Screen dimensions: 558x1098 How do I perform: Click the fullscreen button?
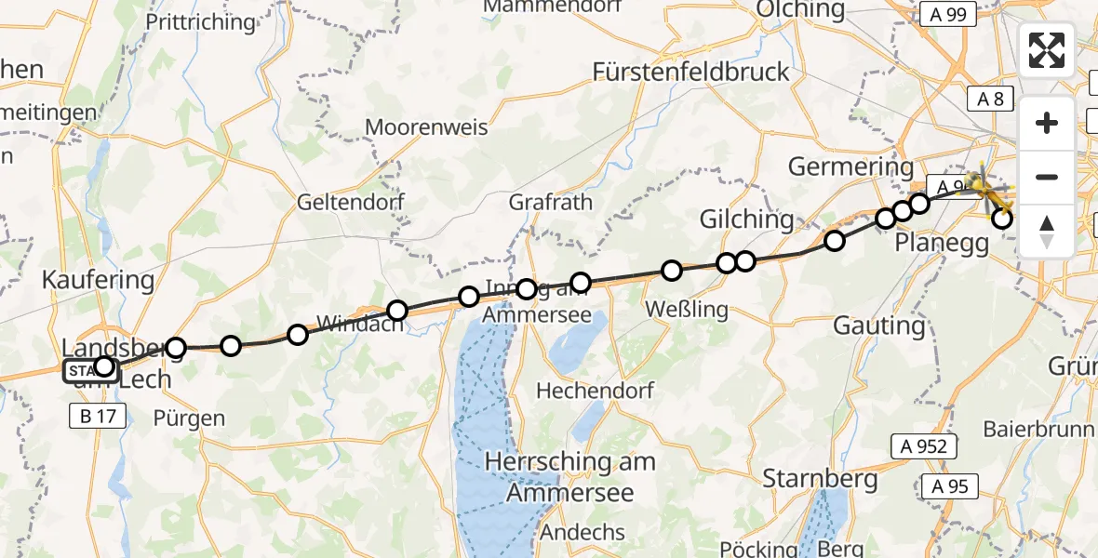tap(1047, 50)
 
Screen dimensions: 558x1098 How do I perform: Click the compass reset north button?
tap(1047, 231)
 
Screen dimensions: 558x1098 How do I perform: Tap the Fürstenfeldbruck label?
tap(691, 72)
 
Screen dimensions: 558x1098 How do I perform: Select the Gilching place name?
tap(747, 219)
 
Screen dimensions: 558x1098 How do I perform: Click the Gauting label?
tap(879, 325)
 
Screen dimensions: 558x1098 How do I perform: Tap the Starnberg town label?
tap(820, 479)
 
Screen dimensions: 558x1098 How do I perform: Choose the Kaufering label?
tap(98, 279)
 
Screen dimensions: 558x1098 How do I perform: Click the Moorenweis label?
tap(427, 127)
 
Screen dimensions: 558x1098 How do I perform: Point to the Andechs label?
tap(582, 532)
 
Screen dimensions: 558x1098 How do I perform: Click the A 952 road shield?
tap(924, 446)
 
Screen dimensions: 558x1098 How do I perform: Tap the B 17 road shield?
tap(97, 416)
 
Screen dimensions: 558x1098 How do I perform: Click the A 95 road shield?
tap(951, 485)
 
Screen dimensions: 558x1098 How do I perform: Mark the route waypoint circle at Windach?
tap(397, 311)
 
